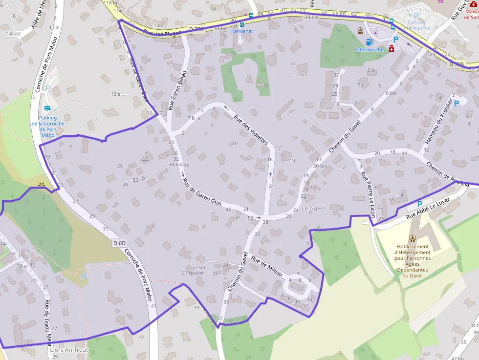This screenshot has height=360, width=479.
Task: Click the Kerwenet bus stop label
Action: [x=242, y=31]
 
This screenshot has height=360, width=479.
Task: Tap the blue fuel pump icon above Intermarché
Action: [x=369, y=42]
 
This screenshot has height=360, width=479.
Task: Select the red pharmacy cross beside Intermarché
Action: [x=392, y=48]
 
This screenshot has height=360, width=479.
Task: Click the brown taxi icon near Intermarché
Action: [x=360, y=31]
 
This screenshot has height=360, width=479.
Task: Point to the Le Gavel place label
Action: [x=313, y=209]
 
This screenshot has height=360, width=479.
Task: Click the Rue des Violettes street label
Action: [x=251, y=130]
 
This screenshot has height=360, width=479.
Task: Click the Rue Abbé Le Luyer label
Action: [x=428, y=210]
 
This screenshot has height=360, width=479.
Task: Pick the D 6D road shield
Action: [x=119, y=243]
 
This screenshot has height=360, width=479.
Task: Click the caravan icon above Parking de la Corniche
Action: [x=47, y=108]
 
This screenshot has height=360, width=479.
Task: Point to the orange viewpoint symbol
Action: [x=41, y=185]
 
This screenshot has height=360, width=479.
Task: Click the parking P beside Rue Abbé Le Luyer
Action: [x=419, y=204]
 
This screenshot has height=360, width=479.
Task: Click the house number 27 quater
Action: [x=193, y=273]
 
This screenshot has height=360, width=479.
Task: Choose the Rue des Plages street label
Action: [x=163, y=33]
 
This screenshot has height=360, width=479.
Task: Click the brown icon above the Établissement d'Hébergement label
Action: [x=412, y=238]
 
